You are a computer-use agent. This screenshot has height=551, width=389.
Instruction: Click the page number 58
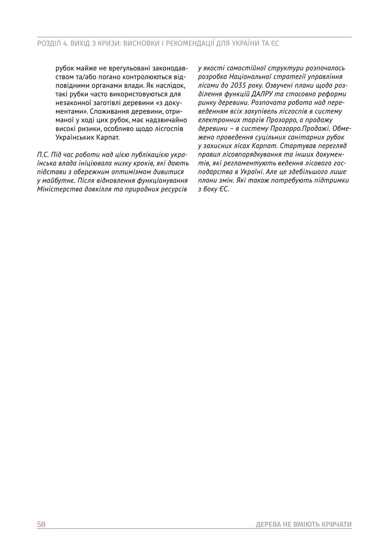point(41,524)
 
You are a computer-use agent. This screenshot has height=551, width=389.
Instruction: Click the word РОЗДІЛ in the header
point(49,44)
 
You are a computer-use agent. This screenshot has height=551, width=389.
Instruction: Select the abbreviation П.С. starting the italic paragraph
point(43,155)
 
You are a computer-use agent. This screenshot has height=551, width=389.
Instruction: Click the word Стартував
point(294,146)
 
